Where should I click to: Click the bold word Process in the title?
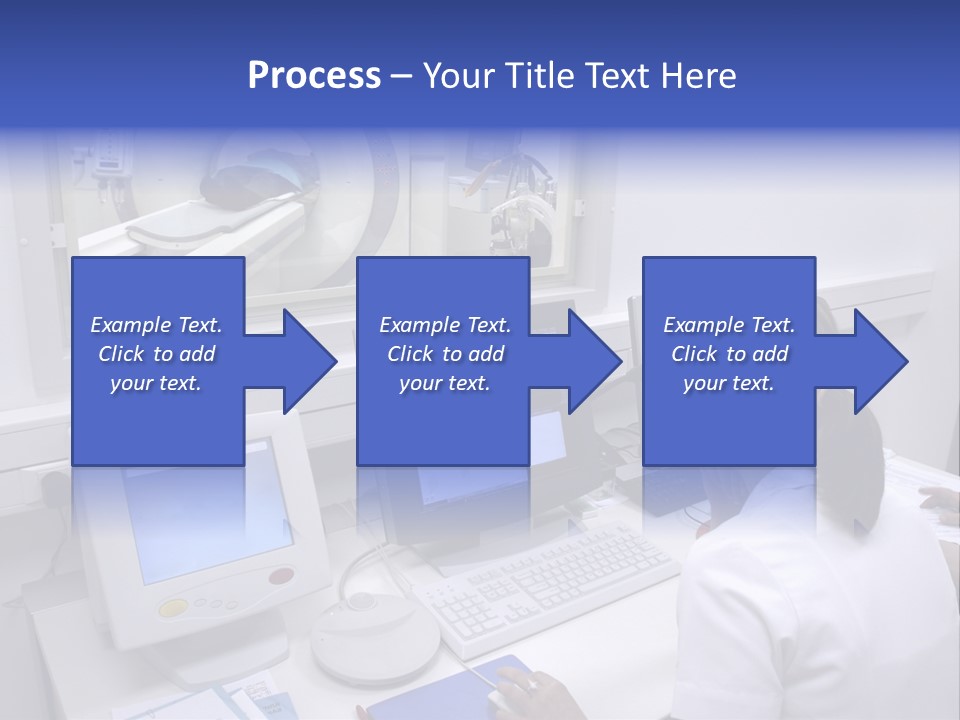[x=314, y=76]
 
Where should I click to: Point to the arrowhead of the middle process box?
[x=597, y=361]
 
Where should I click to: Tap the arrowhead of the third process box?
[x=883, y=361]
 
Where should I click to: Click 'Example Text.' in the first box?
[x=156, y=325]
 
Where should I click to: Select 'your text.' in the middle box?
[x=444, y=383]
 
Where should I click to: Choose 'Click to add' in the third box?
[x=729, y=354]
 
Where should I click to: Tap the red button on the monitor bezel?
[x=282, y=576]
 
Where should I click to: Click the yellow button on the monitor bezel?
[x=174, y=607]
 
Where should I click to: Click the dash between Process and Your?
[x=402, y=76]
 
